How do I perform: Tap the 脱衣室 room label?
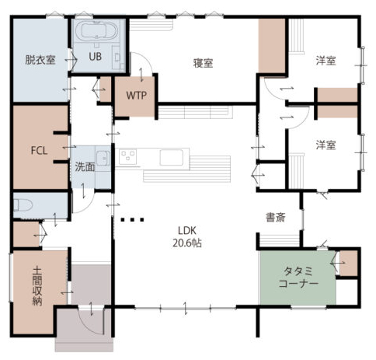[40, 60]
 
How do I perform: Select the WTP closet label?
[136, 96]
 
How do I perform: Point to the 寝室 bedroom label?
[204, 63]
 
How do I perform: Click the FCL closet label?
[39, 150]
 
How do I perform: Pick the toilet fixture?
[23, 204]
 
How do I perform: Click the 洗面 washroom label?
[85, 167]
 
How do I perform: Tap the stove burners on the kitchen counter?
[127, 157]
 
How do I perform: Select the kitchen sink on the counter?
[172, 158]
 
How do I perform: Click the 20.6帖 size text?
[187, 243]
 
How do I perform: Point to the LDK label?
[187, 230]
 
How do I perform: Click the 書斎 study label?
[276, 217]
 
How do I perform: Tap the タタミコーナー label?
[298, 278]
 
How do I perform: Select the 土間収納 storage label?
[37, 286]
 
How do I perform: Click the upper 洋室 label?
[326, 61]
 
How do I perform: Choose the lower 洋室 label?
[326, 145]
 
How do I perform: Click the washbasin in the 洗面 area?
[103, 158]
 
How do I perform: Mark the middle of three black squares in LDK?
[132, 220]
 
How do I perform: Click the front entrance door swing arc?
[88, 326]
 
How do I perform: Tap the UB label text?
[95, 56]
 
